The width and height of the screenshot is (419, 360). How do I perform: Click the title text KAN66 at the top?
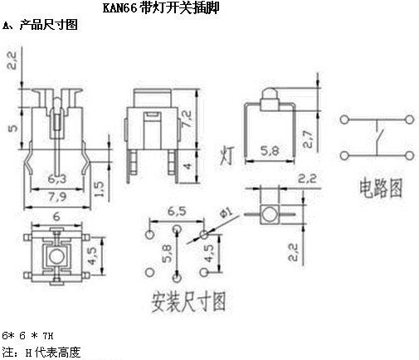(x=120, y=8)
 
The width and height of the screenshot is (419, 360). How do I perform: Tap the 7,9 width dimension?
(x=57, y=197)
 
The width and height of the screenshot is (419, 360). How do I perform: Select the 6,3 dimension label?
(x=57, y=179)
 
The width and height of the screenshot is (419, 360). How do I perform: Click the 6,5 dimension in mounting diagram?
(x=177, y=212)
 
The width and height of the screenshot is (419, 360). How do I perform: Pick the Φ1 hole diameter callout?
(x=227, y=212)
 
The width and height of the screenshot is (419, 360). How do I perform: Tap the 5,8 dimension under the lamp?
(x=270, y=151)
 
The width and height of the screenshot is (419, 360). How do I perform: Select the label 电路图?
(x=381, y=188)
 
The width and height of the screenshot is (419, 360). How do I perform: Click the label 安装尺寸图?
(x=188, y=302)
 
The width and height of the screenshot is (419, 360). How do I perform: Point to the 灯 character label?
(x=227, y=156)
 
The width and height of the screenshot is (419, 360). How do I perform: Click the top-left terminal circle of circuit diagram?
(x=344, y=119)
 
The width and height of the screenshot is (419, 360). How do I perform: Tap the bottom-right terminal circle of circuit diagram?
(x=409, y=155)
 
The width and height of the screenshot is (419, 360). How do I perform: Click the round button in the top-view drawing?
(x=56, y=257)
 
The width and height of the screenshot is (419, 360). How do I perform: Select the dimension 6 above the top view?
(x=56, y=216)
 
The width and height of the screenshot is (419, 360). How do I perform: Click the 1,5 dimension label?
(x=99, y=189)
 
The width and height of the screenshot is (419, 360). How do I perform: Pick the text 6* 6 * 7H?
(x=27, y=336)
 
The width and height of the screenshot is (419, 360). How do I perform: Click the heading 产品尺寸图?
(x=49, y=25)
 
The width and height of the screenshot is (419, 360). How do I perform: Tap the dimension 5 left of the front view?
(x=13, y=128)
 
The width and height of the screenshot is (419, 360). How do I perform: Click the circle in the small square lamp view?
(x=270, y=214)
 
